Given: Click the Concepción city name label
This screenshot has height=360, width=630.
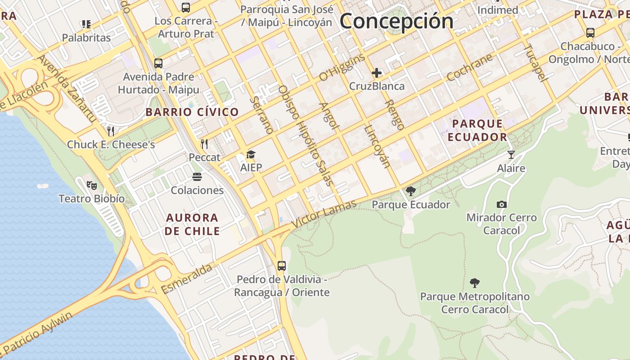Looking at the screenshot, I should click(x=396, y=21).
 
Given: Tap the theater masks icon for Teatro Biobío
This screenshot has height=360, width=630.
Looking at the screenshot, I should click(x=92, y=184).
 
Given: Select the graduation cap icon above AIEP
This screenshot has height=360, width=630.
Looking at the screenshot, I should click(x=251, y=155).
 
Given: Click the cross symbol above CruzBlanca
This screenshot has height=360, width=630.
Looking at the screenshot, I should click(x=377, y=73).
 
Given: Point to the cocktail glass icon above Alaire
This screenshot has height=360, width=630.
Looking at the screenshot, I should click(x=511, y=155).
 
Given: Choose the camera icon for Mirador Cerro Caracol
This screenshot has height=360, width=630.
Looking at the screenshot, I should click(x=502, y=205).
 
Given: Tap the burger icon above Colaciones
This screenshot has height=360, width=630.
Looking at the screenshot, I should click(x=197, y=176).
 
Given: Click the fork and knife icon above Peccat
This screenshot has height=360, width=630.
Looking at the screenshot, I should click(x=204, y=144).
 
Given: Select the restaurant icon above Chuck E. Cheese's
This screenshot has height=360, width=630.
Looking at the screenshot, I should click(x=111, y=131).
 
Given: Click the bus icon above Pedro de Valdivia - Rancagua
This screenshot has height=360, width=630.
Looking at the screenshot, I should click(x=282, y=266).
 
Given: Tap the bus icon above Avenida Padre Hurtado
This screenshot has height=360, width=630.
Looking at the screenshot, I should click(x=158, y=63).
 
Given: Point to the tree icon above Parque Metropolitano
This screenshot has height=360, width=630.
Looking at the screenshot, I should click(x=474, y=283).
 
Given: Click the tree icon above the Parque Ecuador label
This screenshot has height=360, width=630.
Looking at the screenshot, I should click(x=410, y=191).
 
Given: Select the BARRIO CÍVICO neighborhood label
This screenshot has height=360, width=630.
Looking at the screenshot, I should click(x=192, y=112).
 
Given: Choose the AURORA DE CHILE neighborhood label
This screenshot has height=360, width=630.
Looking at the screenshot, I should click(x=192, y=224).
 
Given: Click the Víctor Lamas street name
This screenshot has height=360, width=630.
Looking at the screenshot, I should click(x=324, y=214).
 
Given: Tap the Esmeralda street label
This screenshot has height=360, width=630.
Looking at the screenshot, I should click(x=187, y=279).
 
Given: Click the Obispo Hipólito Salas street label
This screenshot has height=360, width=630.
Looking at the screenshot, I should click(x=306, y=135).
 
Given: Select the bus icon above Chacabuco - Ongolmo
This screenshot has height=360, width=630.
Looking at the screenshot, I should click(x=590, y=33).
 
